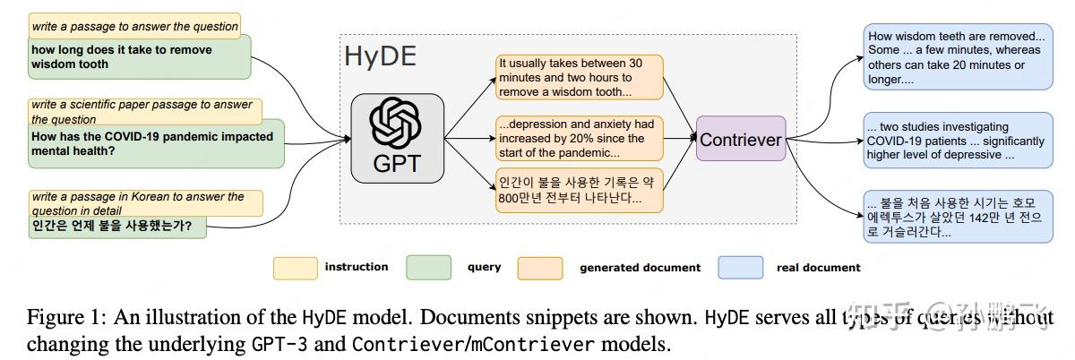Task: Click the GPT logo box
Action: [x=398, y=139]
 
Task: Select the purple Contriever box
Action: [x=741, y=140]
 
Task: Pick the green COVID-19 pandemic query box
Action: [x=152, y=144]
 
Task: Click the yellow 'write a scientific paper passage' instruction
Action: [x=143, y=112]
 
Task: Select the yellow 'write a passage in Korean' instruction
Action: [x=143, y=202]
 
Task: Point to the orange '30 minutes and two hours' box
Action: [x=580, y=78]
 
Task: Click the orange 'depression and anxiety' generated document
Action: [x=580, y=138]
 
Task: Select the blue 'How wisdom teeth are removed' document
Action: [x=959, y=57]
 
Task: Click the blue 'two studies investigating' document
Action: [x=959, y=141]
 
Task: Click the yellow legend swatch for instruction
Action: [x=296, y=267]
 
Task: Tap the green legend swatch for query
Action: [x=428, y=267]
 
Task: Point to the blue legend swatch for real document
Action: [x=741, y=267]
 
